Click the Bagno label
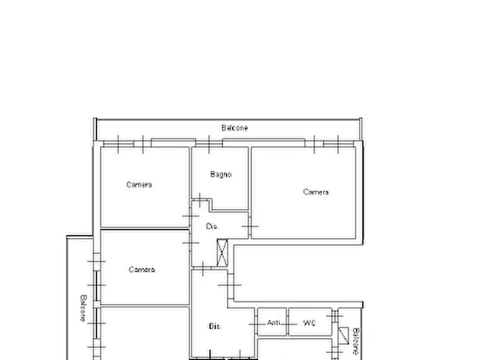(x=221, y=175)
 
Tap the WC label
(x=309, y=323)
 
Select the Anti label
(x=274, y=322)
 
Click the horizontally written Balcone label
(x=234, y=128)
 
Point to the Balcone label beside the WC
(x=356, y=341)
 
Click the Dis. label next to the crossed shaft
(x=212, y=226)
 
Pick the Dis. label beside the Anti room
(x=214, y=326)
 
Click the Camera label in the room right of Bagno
(x=316, y=192)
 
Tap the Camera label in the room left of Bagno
(x=139, y=185)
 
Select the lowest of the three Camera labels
(x=142, y=270)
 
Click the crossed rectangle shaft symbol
(x=222, y=253)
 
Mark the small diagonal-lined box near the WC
(x=343, y=335)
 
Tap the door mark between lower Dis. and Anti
(x=256, y=325)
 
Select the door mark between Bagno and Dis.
(x=200, y=200)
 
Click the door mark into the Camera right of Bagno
(x=250, y=227)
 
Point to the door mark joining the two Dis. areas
(x=203, y=269)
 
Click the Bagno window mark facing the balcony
(x=209, y=144)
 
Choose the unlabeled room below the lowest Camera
(x=145, y=334)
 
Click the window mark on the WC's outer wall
(x=335, y=315)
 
